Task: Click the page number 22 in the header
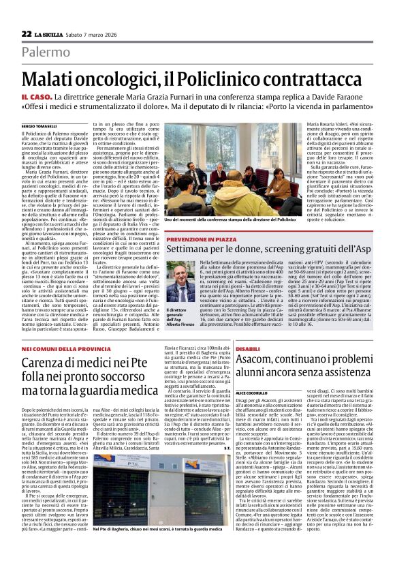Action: tap(27, 33)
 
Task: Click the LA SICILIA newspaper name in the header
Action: tap(51, 34)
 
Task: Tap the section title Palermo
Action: tap(46, 52)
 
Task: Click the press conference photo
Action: tap(231, 170)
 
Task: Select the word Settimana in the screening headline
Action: tap(192, 254)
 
